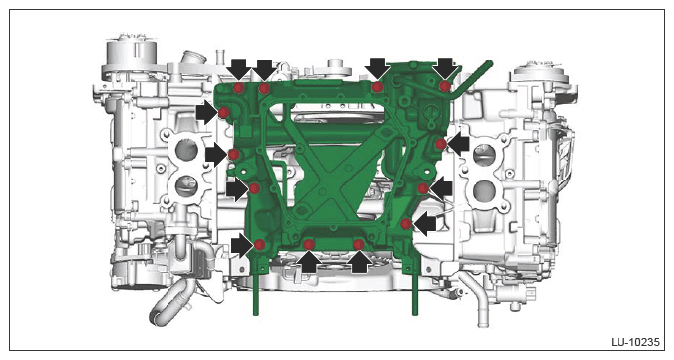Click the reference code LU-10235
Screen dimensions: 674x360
pos(635,342)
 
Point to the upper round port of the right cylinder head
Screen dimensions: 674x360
pos(484,154)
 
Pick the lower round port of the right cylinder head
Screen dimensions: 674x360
pos(485,191)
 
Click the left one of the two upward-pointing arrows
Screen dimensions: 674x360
pos(309,261)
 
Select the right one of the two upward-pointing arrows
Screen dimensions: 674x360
pos(359,261)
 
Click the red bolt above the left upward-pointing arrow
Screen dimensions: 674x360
pos(309,244)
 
